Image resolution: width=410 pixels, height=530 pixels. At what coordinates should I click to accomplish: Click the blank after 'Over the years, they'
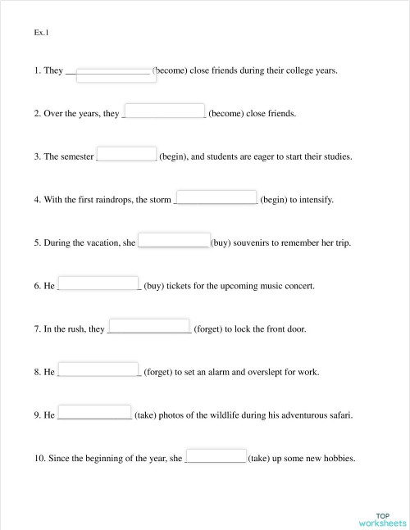click(x=164, y=111)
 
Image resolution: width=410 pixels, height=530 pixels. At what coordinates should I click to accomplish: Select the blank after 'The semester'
click(x=127, y=154)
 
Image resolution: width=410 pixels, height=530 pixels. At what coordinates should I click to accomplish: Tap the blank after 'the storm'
click(x=217, y=197)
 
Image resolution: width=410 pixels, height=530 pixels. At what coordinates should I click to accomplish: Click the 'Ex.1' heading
click(x=42, y=33)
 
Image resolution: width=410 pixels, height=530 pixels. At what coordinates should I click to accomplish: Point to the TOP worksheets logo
click(x=382, y=519)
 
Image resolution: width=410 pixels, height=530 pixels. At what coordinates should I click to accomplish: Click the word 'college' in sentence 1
click(x=276, y=71)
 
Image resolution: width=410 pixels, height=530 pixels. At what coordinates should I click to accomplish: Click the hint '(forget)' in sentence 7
click(x=209, y=329)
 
